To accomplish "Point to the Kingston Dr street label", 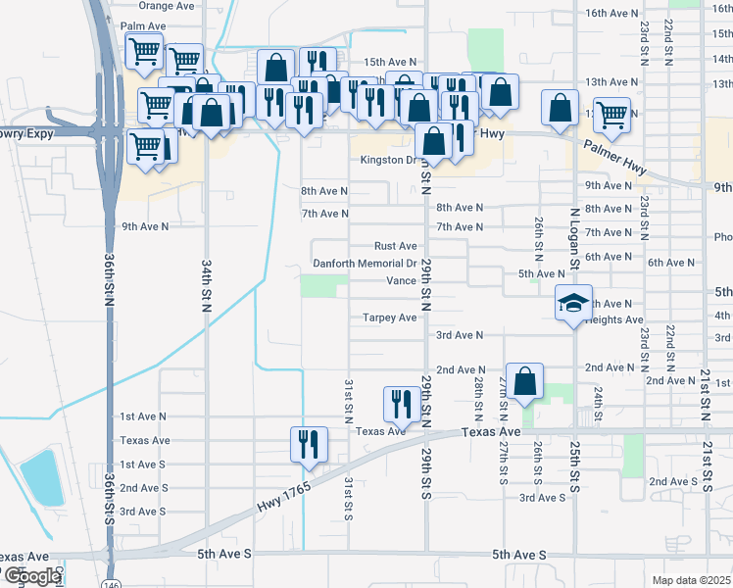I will [x=389, y=160].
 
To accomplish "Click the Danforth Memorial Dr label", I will [x=365, y=264].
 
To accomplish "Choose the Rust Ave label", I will [x=396, y=246].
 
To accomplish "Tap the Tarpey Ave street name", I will [x=391, y=318].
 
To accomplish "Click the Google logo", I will [x=30, y=576].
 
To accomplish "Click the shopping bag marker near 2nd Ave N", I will [x=525, y=381].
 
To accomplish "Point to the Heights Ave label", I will [x=613, y=320].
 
